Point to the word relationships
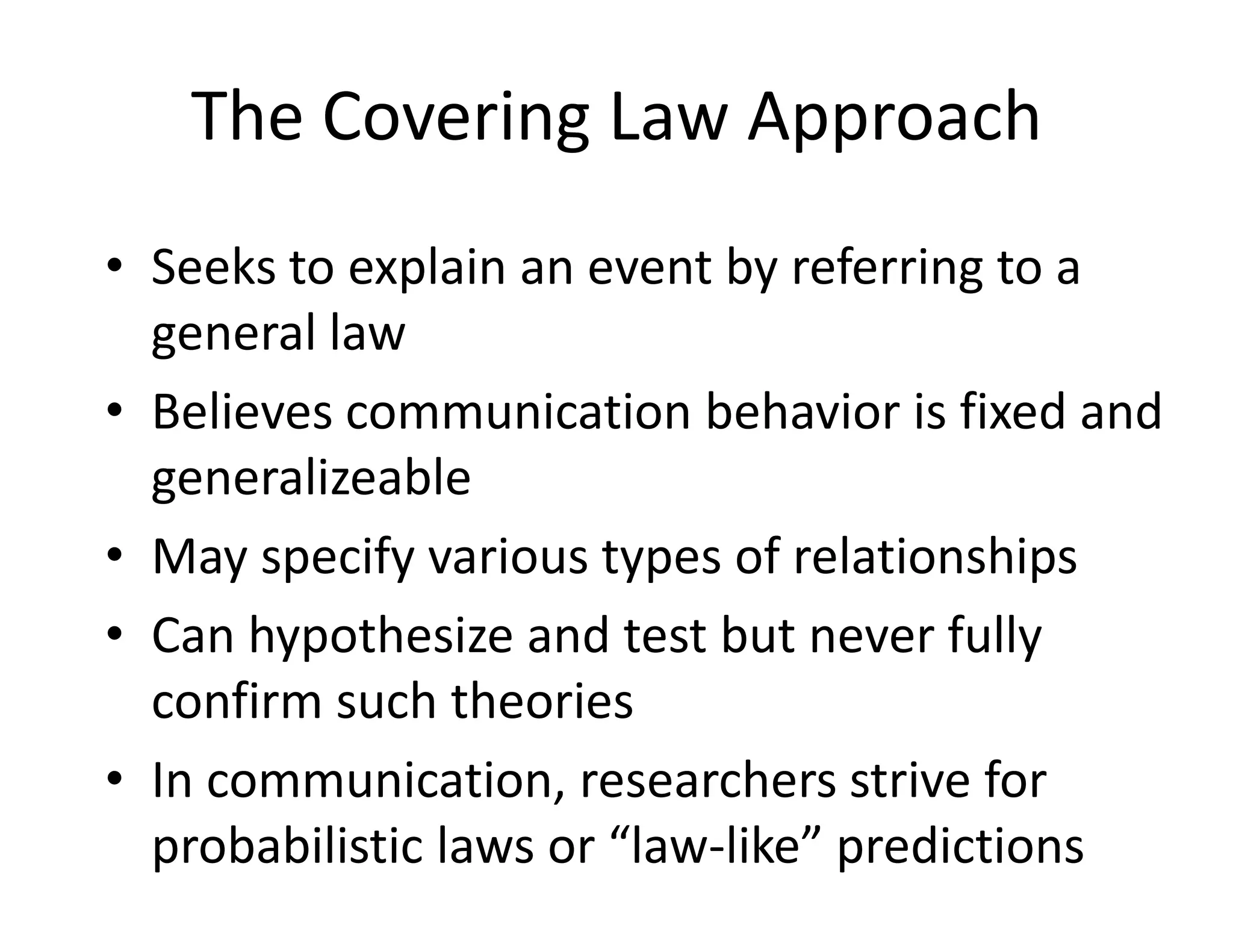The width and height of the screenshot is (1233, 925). (935, 556)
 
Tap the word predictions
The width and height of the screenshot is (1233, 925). (960, 846)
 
